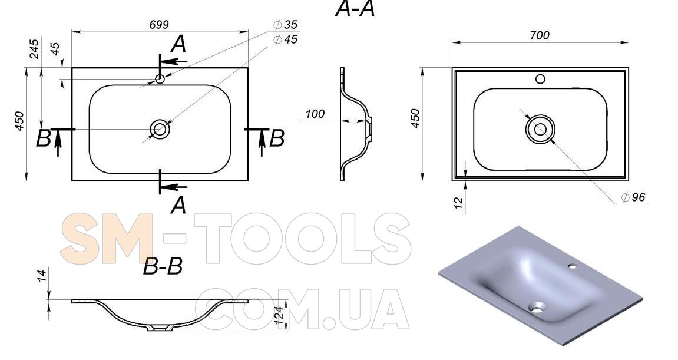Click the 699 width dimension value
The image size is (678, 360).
pyautogui.click(x=158, y=25)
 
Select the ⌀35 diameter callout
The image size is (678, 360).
pyautogui.click(x=285, y=25)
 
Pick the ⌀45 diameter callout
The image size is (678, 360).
pyautogui.click(x=285, y=39)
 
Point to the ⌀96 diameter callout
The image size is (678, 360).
pyautogui.click(x=633, y=197)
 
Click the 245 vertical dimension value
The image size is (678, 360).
pyautogui.click(x=34, y=49)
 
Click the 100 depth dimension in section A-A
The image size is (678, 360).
pyautogui.click(x=315, y=114)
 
